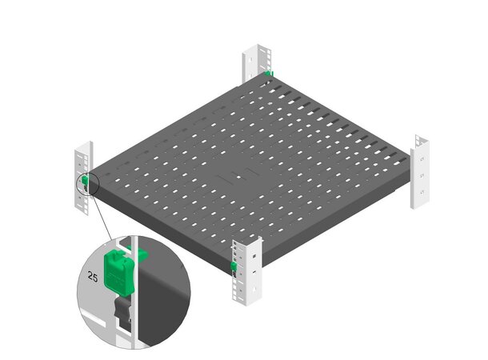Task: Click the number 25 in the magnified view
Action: (93, 276)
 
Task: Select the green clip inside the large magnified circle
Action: (119, 273)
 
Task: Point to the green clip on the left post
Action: (85, 179)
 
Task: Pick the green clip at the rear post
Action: (268, 74)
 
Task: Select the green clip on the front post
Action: (234, 266)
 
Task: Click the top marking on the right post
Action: (422, 159)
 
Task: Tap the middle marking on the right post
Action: (422, 176)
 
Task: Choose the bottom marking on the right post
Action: (422, 194)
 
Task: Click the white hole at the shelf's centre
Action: (238, 177)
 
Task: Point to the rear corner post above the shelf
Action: (257, 62)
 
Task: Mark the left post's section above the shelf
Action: (83, 158)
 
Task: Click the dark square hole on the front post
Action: (254, 256)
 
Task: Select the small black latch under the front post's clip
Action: (234, 274)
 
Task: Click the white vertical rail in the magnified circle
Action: (134, 293)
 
